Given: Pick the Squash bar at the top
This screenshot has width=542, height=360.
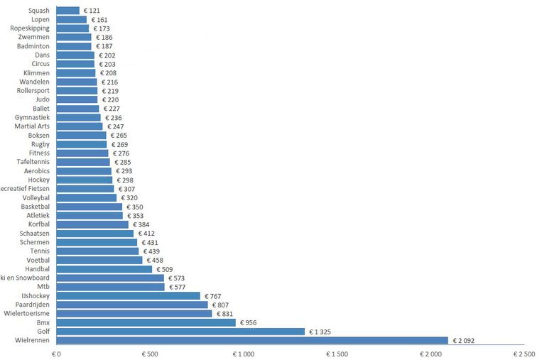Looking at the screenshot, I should pos(68,11).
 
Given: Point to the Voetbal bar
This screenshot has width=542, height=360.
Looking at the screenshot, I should pos(99,260).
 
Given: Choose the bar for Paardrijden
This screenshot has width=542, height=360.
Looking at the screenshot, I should pos(132,305).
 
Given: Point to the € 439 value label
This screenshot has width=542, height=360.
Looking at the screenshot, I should pos(153,251).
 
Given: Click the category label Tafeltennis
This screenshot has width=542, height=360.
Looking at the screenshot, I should pos(33,162).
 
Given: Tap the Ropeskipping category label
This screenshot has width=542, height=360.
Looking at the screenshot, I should pos(30,28).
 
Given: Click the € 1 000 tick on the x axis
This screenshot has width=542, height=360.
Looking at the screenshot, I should pos(244,353).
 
